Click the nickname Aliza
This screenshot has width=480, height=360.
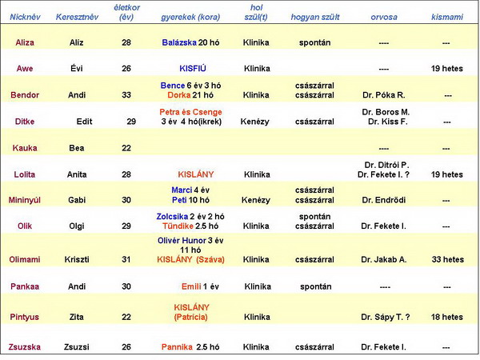(x=25, y=42)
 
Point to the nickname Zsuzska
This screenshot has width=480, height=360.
(x=25, y=347)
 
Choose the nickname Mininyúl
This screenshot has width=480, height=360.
(x=25, y=200)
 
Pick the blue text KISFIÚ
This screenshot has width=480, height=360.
(x=192, y=69)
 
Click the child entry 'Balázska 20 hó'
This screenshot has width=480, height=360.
(x=191, y=42)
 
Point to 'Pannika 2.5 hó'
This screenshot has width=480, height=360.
(x=190, y=347)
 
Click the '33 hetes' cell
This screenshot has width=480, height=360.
(x=446, y=259)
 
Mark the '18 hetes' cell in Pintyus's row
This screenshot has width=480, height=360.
(x=446, y=318)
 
